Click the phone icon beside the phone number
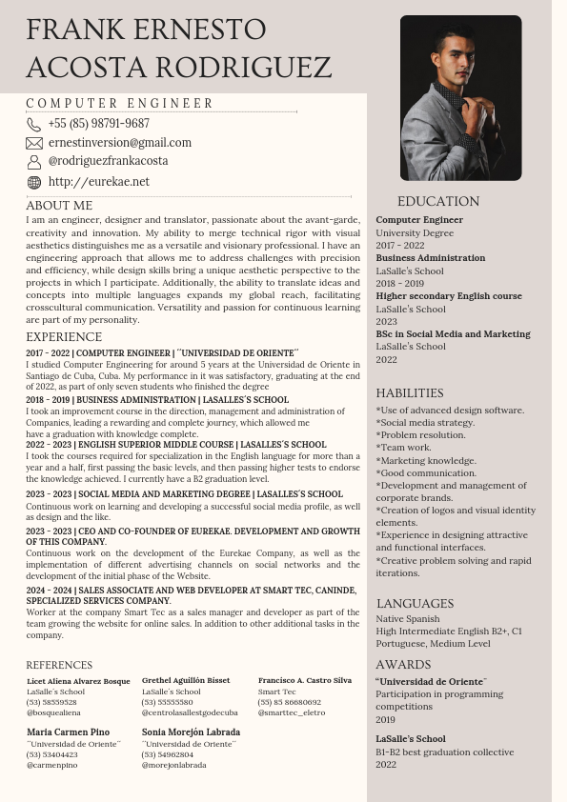click(34, 125)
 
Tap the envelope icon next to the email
click(34, 143)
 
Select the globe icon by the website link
click(34, 182)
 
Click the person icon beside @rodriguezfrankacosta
click(34, 162)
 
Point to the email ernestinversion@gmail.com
click(119, 143)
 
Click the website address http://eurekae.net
click(98, 182)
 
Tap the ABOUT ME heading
click(59, 205)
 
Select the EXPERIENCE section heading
click(64, 337)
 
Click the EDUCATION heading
click(438, 202)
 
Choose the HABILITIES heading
click(410, 393)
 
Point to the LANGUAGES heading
click(415, 604)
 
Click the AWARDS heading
click(403, 665)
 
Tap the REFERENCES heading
click(59, 665)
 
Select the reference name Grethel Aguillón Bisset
click(186, 681)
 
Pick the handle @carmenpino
click(52, 765)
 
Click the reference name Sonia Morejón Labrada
click(191, 732)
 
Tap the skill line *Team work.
click(403, 448)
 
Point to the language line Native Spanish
click(408, 619)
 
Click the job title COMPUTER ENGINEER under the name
click(120, 104)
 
